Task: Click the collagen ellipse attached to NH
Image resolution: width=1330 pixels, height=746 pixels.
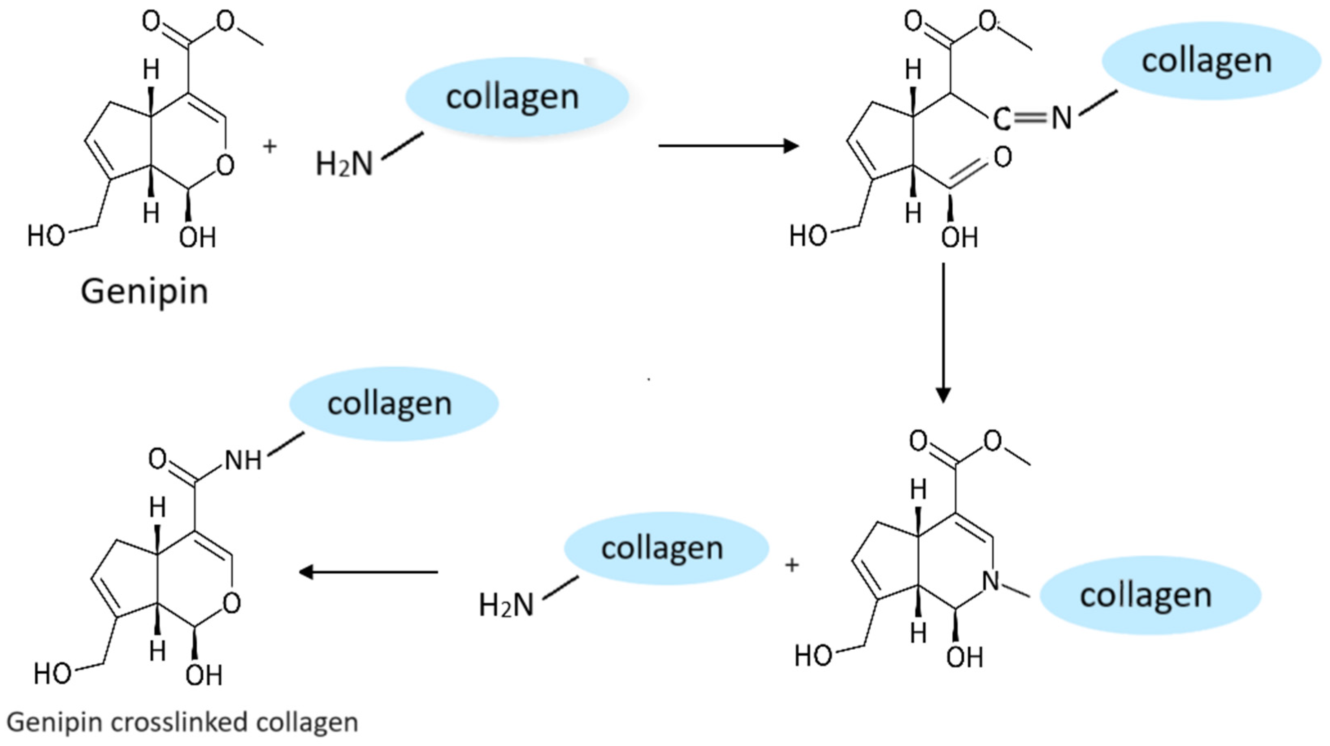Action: (x=393, y=404)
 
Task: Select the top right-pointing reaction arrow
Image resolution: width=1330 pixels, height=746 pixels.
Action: (x=728, y=146)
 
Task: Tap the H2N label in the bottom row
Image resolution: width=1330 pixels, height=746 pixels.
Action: (x=507, y=605)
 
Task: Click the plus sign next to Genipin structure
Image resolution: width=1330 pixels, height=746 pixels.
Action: (x=269, y=147)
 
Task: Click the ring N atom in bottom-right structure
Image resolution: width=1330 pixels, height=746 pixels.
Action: (x=991, y=581)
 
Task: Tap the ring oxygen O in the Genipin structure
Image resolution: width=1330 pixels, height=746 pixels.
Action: (x=225, y=166)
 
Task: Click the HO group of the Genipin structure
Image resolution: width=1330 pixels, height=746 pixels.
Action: (x=46, y=236)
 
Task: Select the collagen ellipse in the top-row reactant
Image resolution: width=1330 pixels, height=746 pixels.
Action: (x=516, y=97)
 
